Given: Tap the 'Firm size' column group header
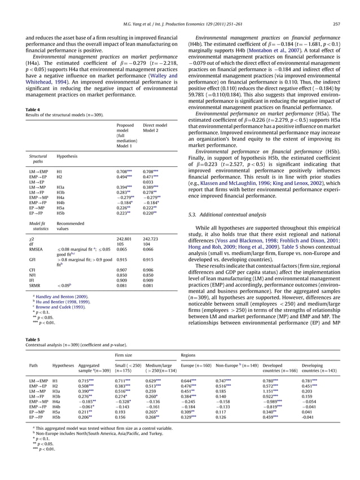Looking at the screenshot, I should point(124,355).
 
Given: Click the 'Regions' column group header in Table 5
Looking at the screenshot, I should point(188,355).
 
